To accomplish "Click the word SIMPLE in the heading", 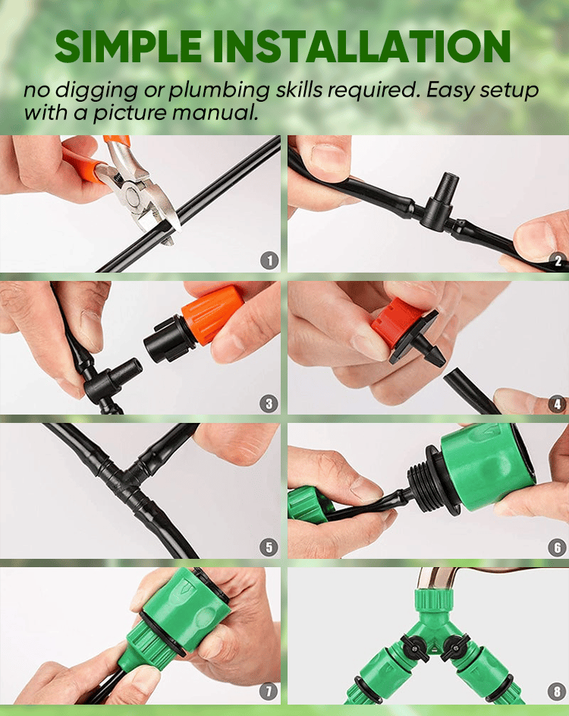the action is (128, 46).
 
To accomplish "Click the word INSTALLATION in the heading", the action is (361, 46).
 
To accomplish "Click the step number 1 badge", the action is (269, 260).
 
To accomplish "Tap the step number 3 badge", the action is (269, 404).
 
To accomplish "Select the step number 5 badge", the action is (269, 547).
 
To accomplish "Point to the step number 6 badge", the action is (557, 547).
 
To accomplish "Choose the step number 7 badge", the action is (269, 691).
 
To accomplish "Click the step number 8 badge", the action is (557, 691).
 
